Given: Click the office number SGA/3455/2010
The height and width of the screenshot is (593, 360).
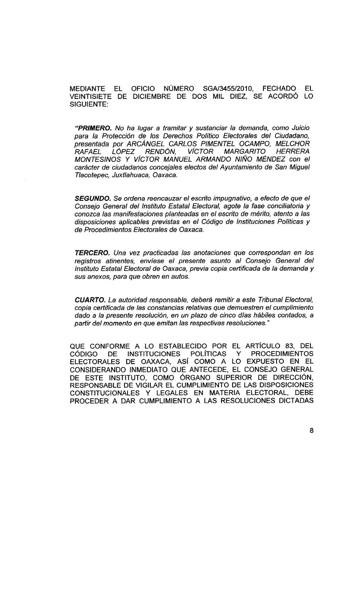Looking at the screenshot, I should pos(228,89).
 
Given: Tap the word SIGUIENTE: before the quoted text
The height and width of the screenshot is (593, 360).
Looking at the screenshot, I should pos(89,104).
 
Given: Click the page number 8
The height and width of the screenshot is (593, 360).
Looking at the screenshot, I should pos(311,431).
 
